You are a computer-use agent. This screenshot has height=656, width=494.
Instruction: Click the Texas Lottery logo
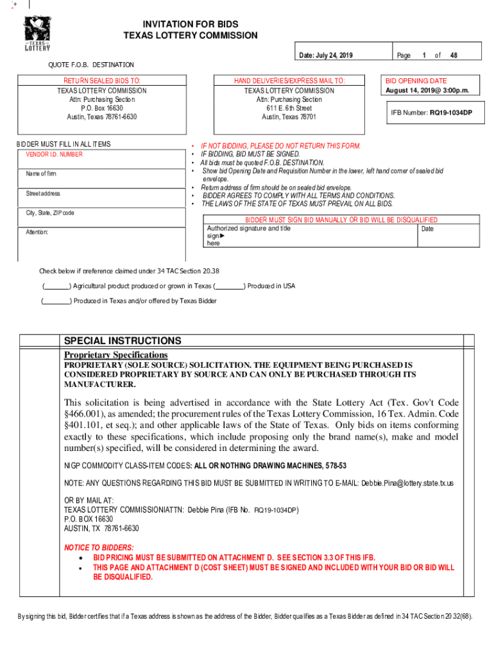[x=37, y=34]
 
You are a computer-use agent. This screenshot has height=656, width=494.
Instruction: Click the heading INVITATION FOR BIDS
[x=190, y=24]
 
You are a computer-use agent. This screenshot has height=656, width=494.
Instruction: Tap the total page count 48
[x=454, y=56]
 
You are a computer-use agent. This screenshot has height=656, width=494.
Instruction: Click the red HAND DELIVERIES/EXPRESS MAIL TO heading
[x=289, y=81]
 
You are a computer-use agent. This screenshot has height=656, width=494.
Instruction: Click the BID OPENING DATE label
[x=416, y=81]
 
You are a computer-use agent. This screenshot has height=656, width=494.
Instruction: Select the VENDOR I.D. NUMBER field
[x=103, y=159]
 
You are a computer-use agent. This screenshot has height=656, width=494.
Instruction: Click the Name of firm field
[x=103, y=178]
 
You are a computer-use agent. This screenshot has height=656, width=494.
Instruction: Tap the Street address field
[x=103, y=197]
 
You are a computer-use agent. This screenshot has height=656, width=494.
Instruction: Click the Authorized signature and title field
[x=308, y=235]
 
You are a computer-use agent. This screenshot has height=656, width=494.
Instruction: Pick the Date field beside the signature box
[x=447, y=235]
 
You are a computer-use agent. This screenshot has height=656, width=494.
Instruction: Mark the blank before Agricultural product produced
[x=56, y=286]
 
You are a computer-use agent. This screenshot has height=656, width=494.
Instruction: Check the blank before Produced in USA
[x=230, y=286]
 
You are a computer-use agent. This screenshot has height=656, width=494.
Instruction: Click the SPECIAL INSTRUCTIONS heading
[x=122, y=341]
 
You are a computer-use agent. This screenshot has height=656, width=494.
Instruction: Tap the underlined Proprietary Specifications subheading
[x=115, y=355]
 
